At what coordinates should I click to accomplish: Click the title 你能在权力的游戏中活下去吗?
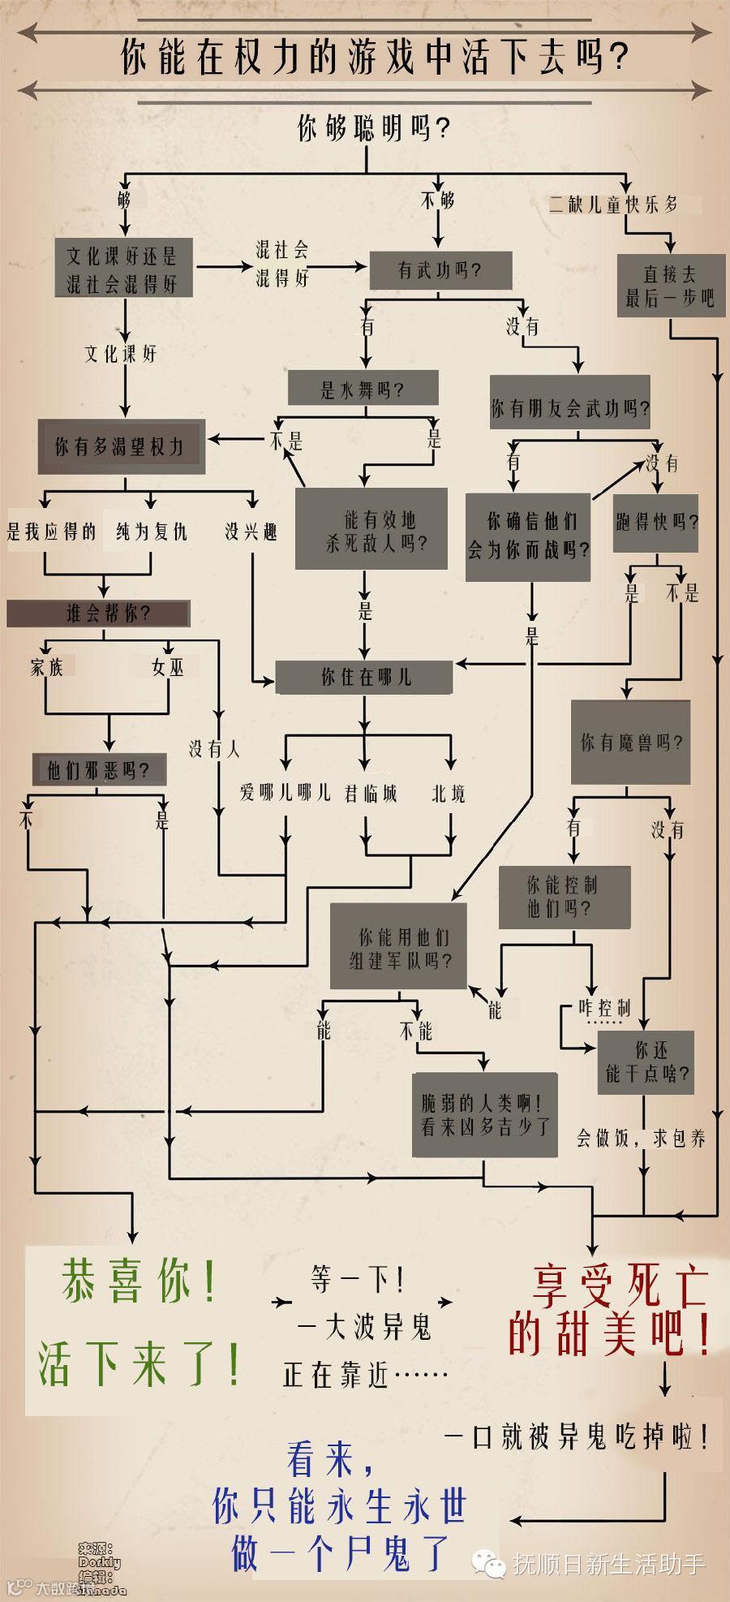point(375,58)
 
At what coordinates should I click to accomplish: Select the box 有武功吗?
point(440,270)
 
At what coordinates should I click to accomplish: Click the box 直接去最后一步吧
point(670,286)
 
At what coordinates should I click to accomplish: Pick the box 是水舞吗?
point(363,390)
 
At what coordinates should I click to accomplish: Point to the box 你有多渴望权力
point(120,446)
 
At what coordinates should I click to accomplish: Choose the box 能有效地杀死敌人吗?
point(371,531)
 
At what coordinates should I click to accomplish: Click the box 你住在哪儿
point(364,677)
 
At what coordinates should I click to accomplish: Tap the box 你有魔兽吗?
point(630,742)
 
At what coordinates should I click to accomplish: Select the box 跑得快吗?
point(655,523)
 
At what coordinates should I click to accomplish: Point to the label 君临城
point(371,793)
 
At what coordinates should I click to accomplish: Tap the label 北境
point(449,793)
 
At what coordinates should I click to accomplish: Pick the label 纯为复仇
point(152,532)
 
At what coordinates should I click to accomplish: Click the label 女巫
point(168,667)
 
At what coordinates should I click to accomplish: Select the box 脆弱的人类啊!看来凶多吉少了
point(484,1114)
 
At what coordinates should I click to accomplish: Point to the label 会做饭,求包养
point(640,1138)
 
